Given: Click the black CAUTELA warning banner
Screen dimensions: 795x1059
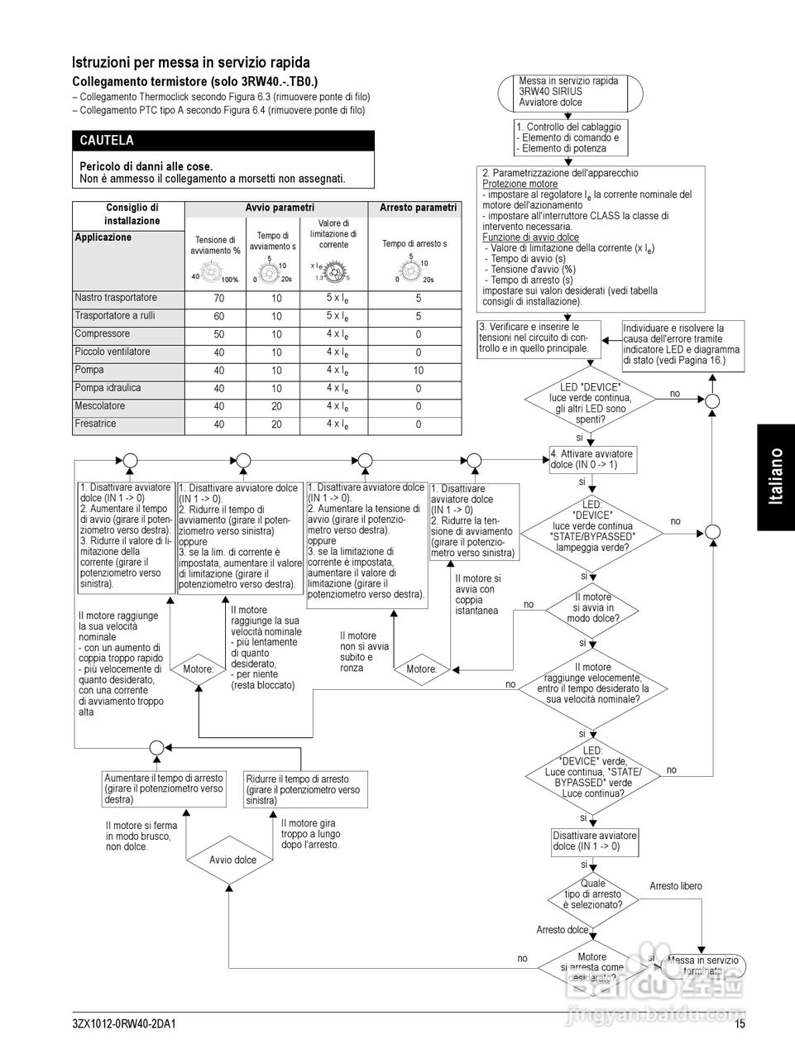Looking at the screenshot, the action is (223, 141).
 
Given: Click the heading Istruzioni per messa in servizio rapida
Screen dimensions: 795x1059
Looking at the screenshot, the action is (191, 62).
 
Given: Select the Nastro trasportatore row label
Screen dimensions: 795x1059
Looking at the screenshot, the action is (116, 298).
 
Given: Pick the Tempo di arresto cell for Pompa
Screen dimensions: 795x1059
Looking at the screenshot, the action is (419, 371).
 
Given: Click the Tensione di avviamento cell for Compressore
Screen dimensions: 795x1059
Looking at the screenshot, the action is (218, 334).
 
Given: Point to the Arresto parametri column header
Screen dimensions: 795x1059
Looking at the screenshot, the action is (418, 208).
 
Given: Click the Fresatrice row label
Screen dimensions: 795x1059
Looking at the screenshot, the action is (96, 424).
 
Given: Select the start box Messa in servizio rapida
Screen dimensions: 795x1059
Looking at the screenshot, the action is (570, 92).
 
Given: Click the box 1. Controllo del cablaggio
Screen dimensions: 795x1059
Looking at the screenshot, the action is (570, 138).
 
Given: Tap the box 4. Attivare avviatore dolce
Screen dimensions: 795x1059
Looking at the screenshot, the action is (592, 459).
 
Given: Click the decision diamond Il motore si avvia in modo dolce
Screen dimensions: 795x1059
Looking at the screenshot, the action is (592, 608).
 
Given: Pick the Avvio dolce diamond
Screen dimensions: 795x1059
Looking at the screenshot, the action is (232, 860).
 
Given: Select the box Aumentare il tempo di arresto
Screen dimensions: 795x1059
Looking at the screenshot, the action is (164, 789).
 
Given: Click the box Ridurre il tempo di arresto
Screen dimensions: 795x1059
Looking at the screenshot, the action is (305, 789).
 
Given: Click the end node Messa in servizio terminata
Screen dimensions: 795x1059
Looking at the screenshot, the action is (702, 966).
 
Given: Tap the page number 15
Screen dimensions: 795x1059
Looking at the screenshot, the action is (740, 1024).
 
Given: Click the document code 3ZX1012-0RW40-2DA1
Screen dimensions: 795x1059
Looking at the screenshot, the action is (124, 1024).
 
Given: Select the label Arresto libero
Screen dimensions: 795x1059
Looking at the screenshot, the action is (676, 886).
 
